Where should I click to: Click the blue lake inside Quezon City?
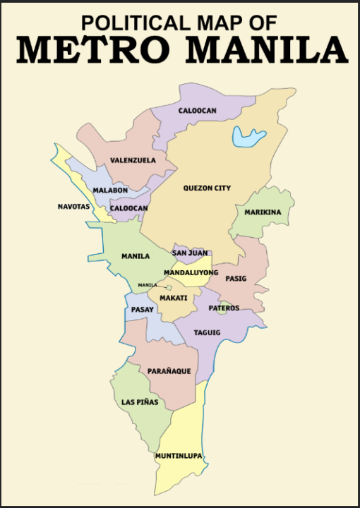pos(249,135)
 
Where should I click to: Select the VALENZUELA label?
pos(133,161)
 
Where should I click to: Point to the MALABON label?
pos(109,190)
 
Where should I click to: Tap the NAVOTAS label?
pos(74,207)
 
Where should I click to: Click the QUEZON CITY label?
pos(207,188)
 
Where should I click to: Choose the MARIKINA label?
pos(263,212)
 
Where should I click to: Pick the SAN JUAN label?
pos(189,253)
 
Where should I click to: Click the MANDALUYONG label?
pos(191,272)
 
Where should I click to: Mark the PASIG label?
pos(236,279)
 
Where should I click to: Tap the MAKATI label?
pos(174,298)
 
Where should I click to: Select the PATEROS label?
pos(224,308)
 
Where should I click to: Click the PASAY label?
pos(143,310)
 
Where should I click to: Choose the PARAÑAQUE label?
pos(169,371)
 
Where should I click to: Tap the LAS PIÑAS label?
pos(139,402)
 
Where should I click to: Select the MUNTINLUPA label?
pos(179,456)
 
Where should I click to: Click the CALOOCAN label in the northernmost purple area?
pos(197,111)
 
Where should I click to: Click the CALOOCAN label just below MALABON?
pos(128,209)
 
